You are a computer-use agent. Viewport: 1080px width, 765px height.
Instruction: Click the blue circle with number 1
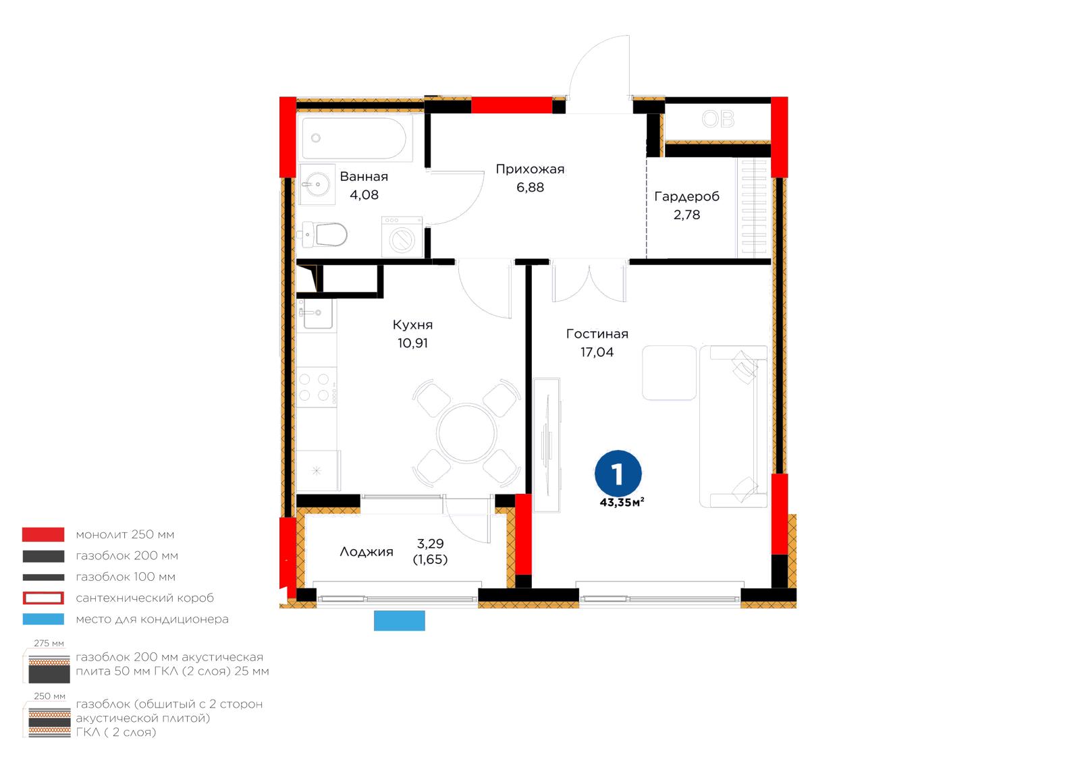(618, 474)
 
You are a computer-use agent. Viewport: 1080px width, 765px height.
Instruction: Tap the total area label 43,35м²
(622, 503)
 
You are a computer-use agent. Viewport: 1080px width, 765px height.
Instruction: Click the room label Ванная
(364, 176)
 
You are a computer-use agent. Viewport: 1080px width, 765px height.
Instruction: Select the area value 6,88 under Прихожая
(530, 187)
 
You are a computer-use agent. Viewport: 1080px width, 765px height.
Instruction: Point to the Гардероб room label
(686, 196)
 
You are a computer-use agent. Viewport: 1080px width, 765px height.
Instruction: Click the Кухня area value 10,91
(412, 343)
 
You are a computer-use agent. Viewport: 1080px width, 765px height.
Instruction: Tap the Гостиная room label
(597, 334)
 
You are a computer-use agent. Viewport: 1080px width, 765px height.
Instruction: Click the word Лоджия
(367, 552)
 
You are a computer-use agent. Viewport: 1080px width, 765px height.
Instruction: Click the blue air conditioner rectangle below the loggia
(399, 621)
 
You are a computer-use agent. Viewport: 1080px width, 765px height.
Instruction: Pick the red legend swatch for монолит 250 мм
(43, 534)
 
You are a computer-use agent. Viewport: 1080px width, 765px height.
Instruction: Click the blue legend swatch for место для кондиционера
(43, 619)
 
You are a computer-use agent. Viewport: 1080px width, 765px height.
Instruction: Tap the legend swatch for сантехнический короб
(43, 598)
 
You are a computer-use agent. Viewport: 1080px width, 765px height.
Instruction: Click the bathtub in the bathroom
(355, 138)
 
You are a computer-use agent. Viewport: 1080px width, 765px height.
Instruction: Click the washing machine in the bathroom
(402, 237)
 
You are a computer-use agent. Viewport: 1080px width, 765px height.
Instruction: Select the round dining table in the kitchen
(466, 433)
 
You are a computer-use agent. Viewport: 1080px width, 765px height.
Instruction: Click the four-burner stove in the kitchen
(317, 387)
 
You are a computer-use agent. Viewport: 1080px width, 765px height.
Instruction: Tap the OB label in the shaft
(718, 119)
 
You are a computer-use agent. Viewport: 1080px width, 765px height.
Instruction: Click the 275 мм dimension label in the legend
(49, 644)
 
